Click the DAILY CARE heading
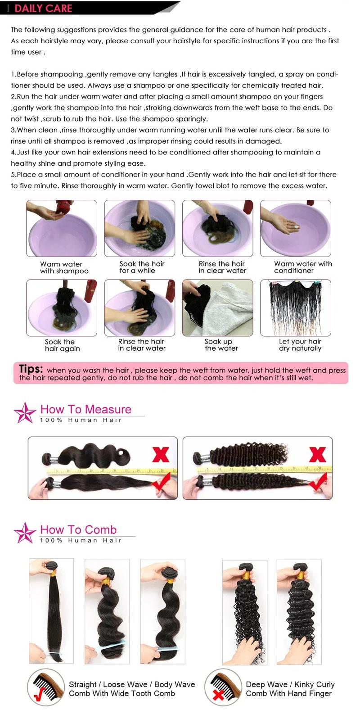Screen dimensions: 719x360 pyautogui.click(x=43, y=8)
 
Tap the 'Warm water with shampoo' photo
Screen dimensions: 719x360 pyautogui.click(x=62, y=229)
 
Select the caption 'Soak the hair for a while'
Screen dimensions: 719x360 pyautogui.click(x=142, y=267)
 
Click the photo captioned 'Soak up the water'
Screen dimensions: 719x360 pyautogui.click(x=218, y=307)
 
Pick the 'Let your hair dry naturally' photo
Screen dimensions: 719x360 pyautogui.click(x=296, y=307)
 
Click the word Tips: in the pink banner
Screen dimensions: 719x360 pyautogui.click(x=31, y=369)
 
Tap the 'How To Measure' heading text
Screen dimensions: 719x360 pyautogui.click(x=86, y=409)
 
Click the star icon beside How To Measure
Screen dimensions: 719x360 pyautogui.click(x=25, y=412)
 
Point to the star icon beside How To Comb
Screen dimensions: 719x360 pyautogui.click(x=25, y=533)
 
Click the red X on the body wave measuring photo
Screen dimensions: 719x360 pyautogui.click(x=161, y=454)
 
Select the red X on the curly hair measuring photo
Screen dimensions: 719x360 pyautogui.click(x=317, y=454)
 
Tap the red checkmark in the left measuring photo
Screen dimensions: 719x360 pyautogui.click(x=160, y=484)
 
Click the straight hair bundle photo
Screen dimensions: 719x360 pyautogui.click(x=51, y=611)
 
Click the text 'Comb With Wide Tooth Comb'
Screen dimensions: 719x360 pyautogui.click(x=121, y=693)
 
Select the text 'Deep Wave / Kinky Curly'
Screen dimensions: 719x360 pyautogui.click(x=290, y=684)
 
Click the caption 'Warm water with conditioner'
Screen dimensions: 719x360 pyautogui.click(x=302, y=267)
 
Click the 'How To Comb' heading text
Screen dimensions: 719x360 pyautogui.click(x=78, y=529)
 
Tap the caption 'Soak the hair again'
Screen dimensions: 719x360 pyautogui.click(x=62, y=345)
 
